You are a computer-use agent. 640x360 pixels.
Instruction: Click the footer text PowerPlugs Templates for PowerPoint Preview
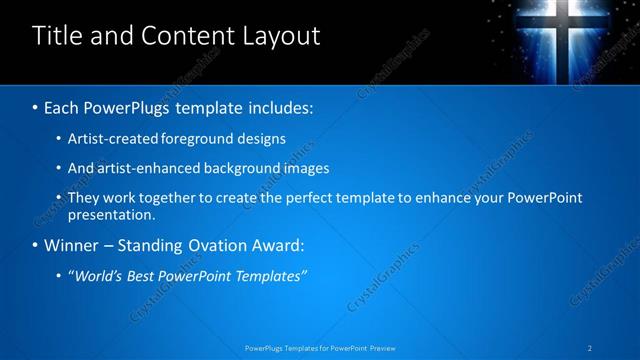(319, 349)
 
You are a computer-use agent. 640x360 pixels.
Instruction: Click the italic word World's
(98, 276)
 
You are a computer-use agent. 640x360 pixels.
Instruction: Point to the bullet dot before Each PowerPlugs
(36, 106)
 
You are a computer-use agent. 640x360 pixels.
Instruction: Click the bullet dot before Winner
(36, 246)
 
